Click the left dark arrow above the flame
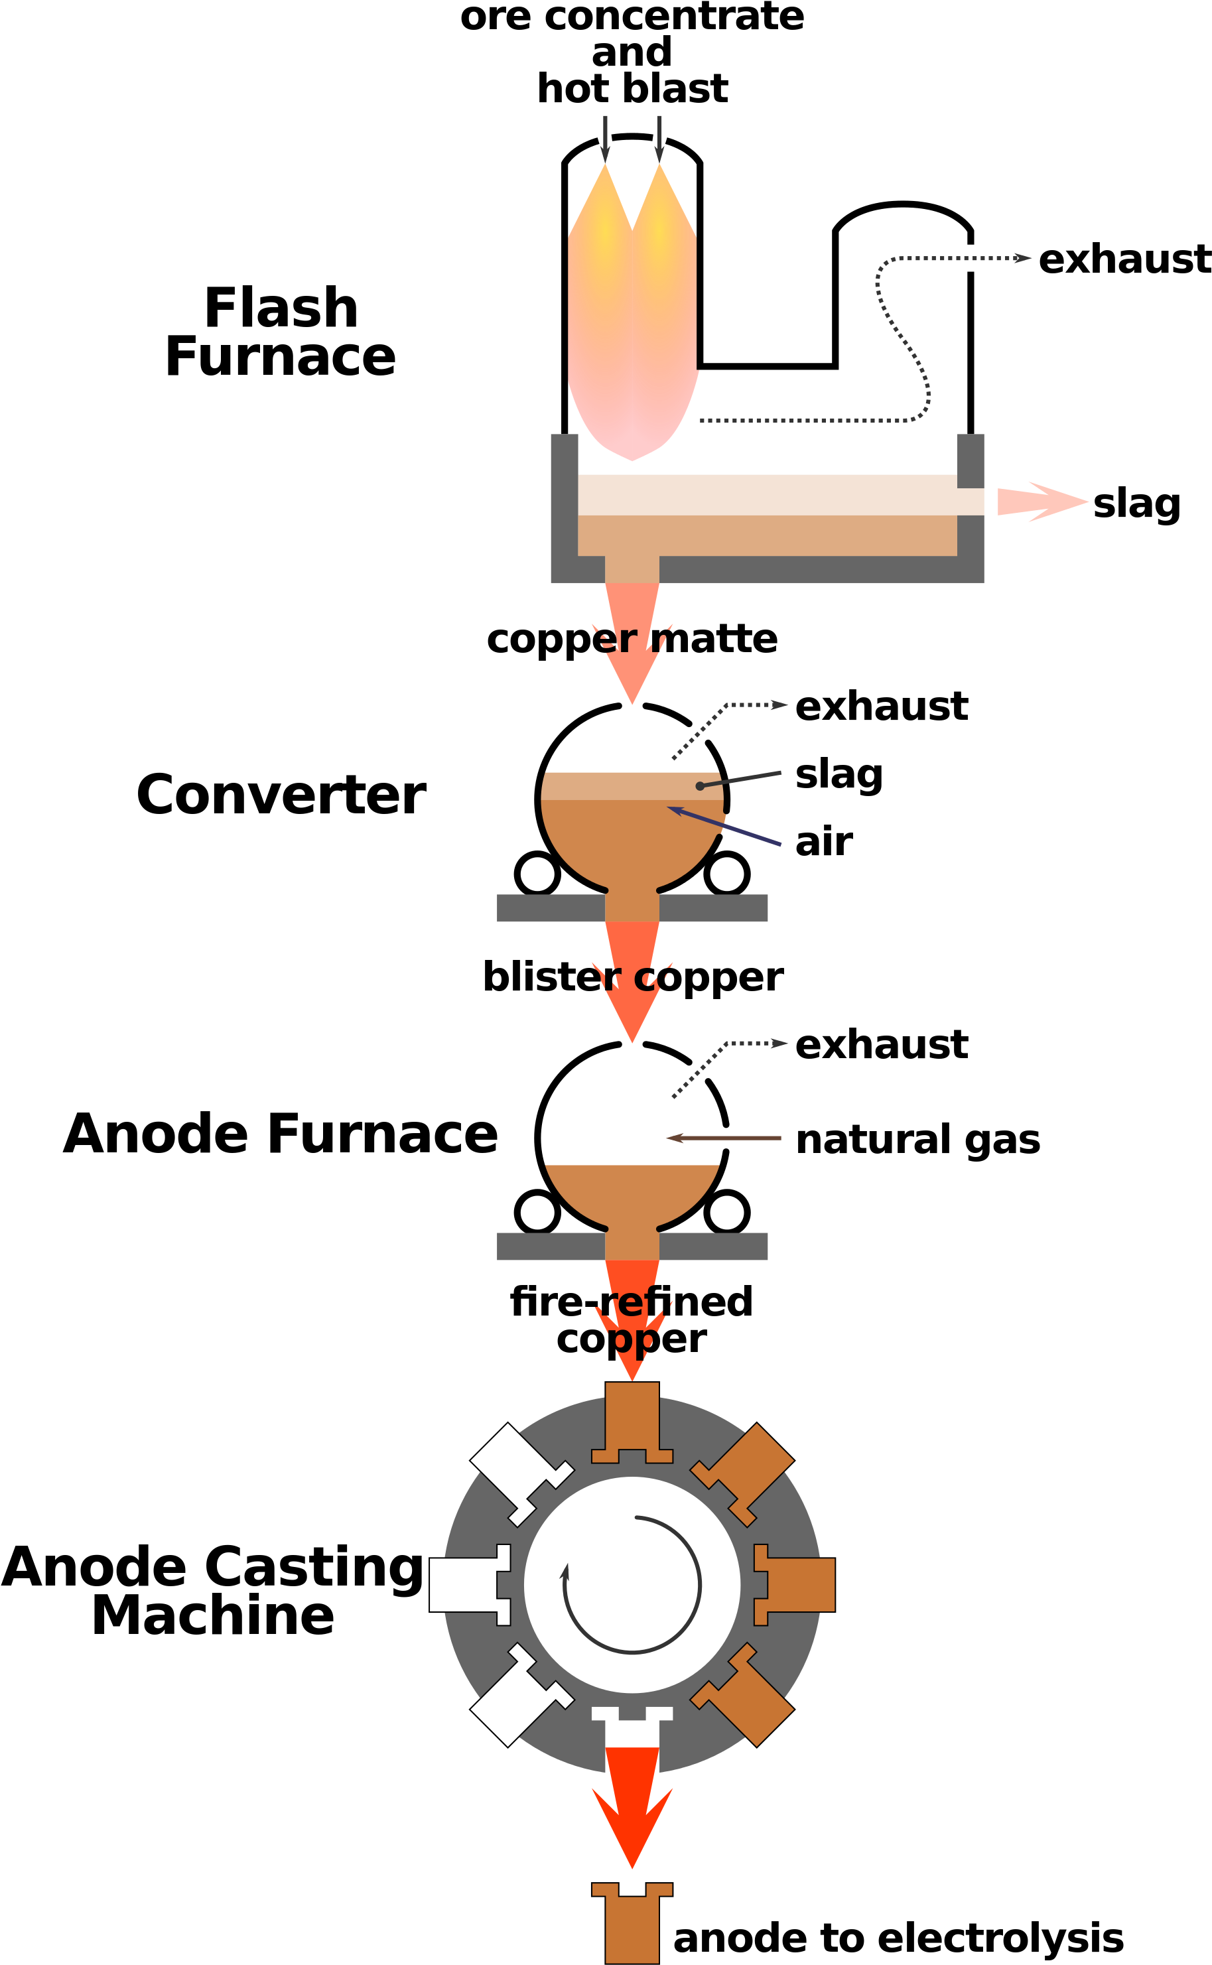[x=605, y=140]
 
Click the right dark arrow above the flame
[x=659, y=140]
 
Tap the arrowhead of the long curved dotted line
[x=1022, y=258]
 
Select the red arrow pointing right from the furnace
[x=1042, y=502]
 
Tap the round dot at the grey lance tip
[x=700, y=786]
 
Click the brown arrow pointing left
[x=722, y=1138]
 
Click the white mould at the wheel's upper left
[x=517, y=1471]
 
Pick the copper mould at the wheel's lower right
[x=746, y=1699]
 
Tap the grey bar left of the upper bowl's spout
[x=550, y=908]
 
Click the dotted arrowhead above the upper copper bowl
[x=779, y=705]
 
